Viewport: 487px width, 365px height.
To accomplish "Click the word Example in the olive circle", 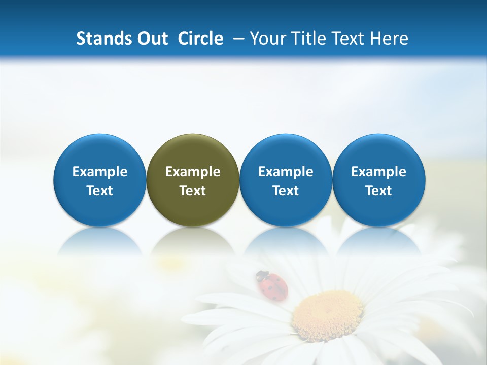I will pyautogui.click(x=193, y=172).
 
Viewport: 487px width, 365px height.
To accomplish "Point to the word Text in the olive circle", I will pyautogui.click(x=193, y=191).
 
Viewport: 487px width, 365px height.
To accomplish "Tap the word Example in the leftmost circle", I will pyautogui.click(x=100, y=172).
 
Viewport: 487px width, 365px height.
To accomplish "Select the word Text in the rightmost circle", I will pyautogui.click(x=379, y=191).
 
